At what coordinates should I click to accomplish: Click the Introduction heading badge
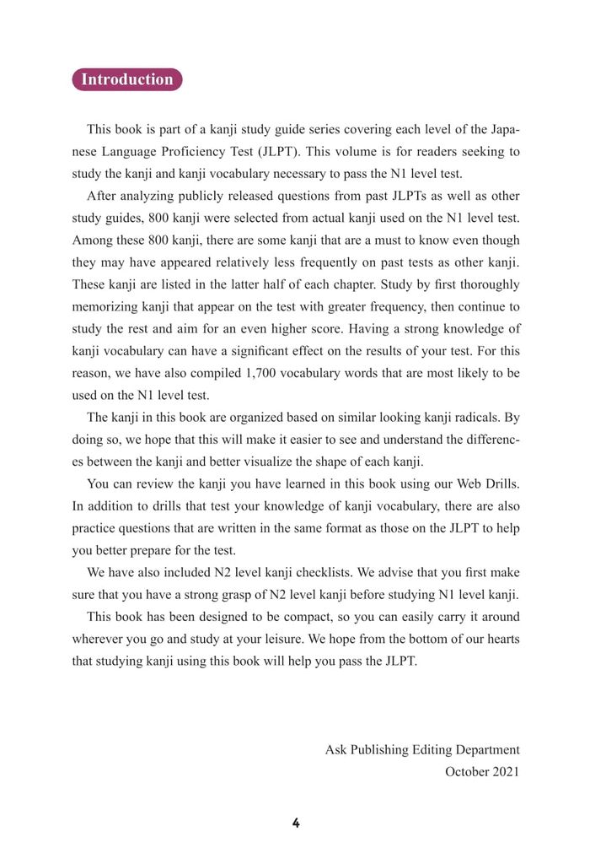tap(127, 79)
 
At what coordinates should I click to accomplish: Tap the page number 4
tap(296, 823)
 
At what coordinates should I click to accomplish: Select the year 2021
tap(507, 770)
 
